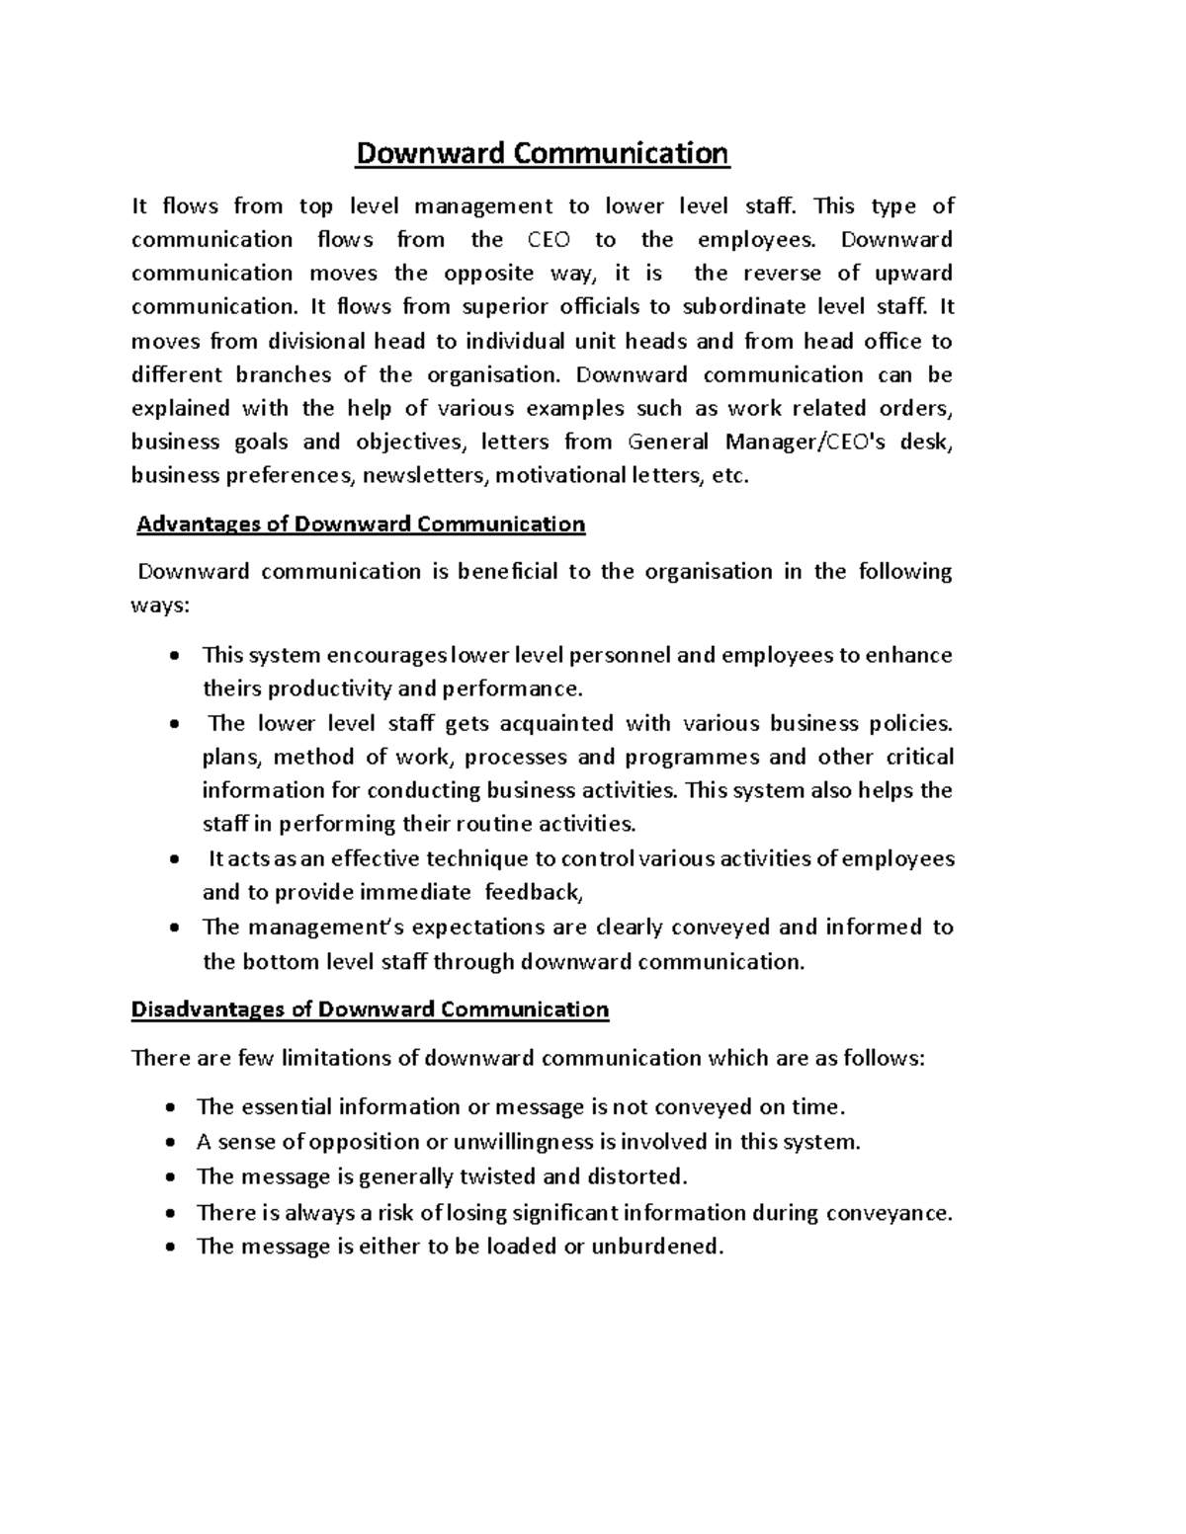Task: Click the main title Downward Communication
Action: (542, 154)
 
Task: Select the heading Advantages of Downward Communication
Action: (361, 524)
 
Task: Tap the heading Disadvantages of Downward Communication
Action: (370, 1009)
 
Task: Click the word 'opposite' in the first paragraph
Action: (491, 274)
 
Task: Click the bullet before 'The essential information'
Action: (173, 1108)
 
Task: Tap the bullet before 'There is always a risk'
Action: (173, 1213)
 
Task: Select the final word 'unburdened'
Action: (656, 1247)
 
